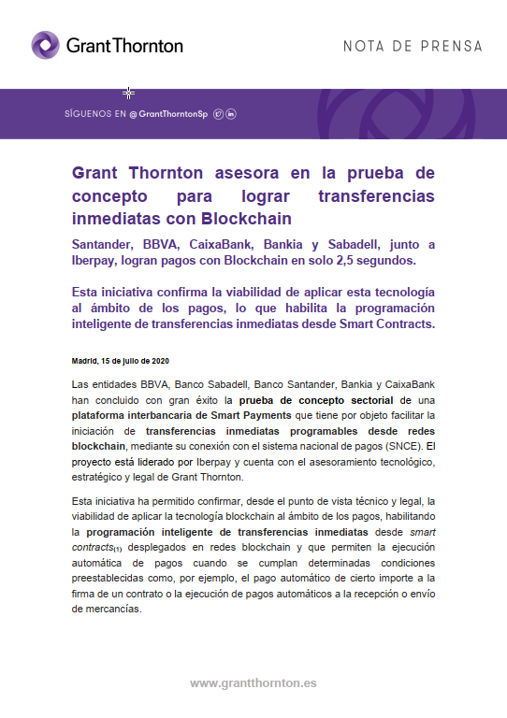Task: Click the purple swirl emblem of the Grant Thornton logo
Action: coord(46,45)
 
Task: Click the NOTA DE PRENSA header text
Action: coord(413,46)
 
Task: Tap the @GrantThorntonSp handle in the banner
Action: coord(168,114)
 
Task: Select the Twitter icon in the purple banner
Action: coord(218,114)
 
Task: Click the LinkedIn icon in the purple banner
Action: coord(231,114)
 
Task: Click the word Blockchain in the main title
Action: coord(246,219)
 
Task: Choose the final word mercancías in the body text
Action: coord(106,609)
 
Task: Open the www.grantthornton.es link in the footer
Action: coord(253,683)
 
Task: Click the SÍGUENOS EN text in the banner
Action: coord(94,114)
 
